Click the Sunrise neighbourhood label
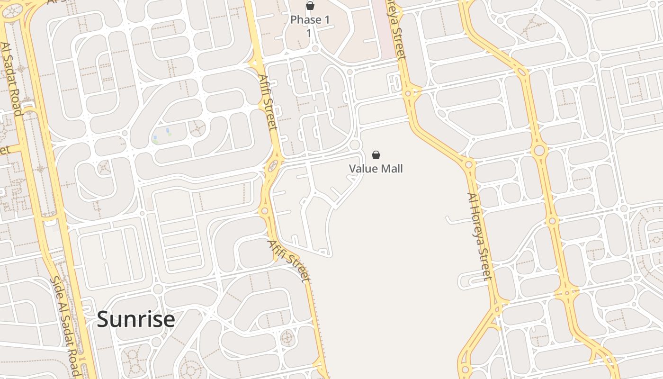pyautogui.click(x=136, y=319)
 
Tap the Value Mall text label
pyautogui.click(x=376, y=169)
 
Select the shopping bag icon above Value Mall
pyautogui.click(x=376, y=155)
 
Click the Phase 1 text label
pyautogui.click(x=310, y=20)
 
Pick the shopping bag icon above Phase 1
pyautogui.click(x=310, y=6)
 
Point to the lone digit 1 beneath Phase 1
pyautogui.click(x=309, y=33)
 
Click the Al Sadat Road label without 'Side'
pyautogui.click(x=11, y=79)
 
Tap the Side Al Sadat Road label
pyautogui.click(x=65, y=326)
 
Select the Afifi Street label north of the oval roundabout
pyautogui.click(x=268, y=102)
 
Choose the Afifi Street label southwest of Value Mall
pyautogui.click(x=289, y=261)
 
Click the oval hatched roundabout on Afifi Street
pyautogui.click(x=273, y=166)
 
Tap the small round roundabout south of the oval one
pyautogui.click(x=265, y=211)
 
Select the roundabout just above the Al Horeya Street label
pyautogui.click(x=468, y=165)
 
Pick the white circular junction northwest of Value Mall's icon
pyautogui.click(x=355, y=144)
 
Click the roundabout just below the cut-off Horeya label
pyautogui.click(x=408, y=93)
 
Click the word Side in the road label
pyautogui.click(x=55, y=286)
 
